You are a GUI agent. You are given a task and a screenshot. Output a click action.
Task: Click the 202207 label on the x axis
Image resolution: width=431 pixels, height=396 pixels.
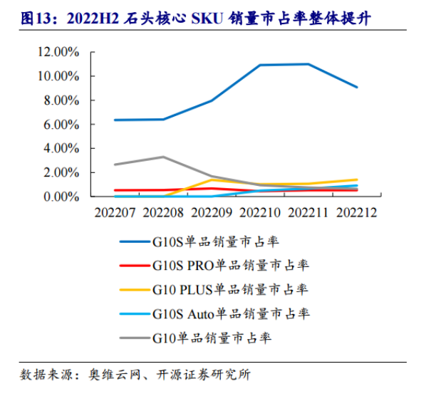115,212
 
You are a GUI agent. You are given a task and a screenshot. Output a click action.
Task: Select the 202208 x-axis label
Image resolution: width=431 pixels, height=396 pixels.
163,212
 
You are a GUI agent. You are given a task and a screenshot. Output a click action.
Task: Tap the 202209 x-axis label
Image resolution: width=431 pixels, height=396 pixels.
212,212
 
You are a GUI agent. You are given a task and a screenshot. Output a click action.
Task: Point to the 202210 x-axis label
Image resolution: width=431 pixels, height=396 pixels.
260,212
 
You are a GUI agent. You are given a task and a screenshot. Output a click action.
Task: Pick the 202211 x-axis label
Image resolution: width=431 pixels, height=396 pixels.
308,212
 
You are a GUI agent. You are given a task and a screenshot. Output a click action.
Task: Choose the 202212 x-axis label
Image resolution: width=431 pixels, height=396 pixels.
357,212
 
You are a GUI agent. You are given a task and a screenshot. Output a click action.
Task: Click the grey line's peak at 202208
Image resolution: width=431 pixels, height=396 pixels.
163,157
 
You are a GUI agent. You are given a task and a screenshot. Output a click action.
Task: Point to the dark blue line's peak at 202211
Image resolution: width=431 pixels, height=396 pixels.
308,64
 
